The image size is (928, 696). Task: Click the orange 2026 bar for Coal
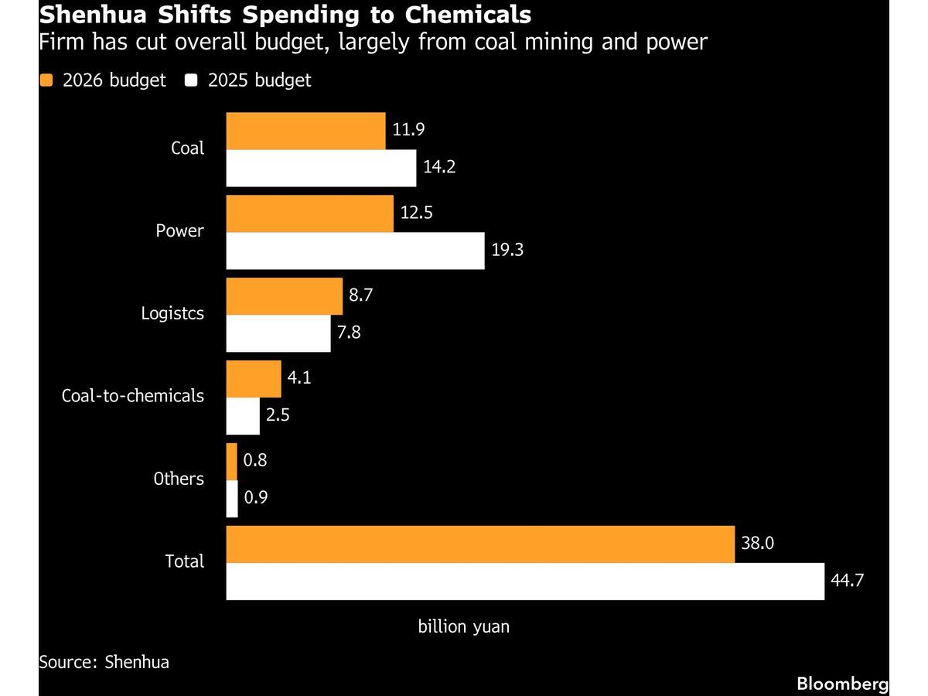pyautogui.click(x=305, y=131)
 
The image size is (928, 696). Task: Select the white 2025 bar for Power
pyautogui.click(x=355, y=251)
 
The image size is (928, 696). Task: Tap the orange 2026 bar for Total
pyautogui.click(x=480, y=544)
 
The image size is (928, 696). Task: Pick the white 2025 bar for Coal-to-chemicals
pyautogui.click(x=243, y=416)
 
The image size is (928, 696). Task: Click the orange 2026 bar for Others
pyautogui.click(x=231, y=462)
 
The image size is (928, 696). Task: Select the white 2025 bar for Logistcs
pyautogui.click(x=278, y=333)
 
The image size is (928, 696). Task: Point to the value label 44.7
pyautogui.click(x=847, y=581)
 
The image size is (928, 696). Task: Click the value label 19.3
pyautogui.click(x=507, y=251)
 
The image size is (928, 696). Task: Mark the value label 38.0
pyautogui.click(x=758, y=544)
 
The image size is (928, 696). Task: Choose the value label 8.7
pyautogui.click(x=365, y=296)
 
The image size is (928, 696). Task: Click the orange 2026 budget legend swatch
pyautogui.click(x=46, y=80)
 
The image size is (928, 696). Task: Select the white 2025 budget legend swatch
pyautogui.click(x=191, y=80)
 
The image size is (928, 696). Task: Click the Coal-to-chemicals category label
pyautogui.click(x=133, y=396)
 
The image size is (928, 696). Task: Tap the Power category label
pyautogui.click(x=179, y=230)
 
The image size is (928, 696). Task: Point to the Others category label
pyautogui.click(x=179, y=479)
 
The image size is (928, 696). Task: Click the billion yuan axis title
pyautogui.click(x=464, y=626)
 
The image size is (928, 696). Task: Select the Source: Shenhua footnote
pyautogui.click(x=104, y=662)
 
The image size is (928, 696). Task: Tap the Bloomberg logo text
pyautogui.click(x=842, y=684)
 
